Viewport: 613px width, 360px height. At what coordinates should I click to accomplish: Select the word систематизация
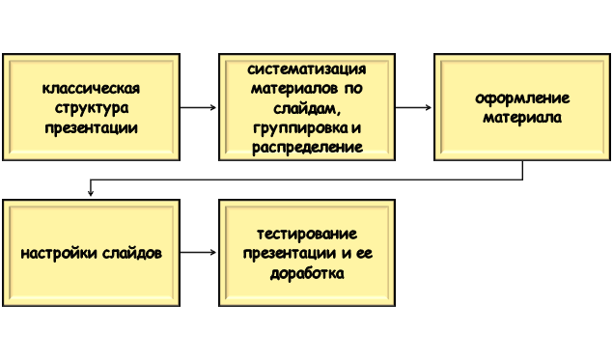click(x=307, y=69)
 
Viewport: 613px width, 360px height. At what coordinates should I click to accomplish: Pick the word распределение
click(x=307, y=147)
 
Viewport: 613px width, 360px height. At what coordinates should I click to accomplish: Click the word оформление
click(x=522, y=98)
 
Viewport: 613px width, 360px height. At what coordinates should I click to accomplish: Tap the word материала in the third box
click(x=522, y=118)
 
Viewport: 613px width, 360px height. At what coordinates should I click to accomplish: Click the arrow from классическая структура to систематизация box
click(x=199, y=107)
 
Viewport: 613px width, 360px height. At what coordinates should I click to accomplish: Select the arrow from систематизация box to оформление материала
click(x=414, y=107)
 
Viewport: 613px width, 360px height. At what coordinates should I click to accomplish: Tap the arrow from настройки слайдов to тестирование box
click(x=199, y=254)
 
